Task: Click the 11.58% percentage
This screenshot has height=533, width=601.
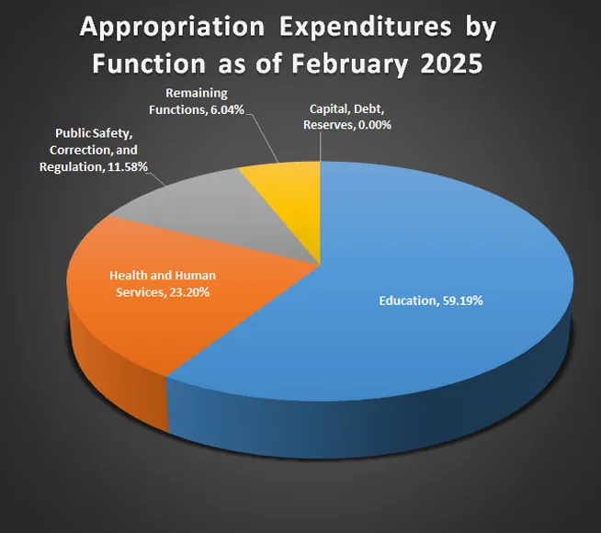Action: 128,167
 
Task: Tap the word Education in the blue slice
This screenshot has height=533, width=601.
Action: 406,301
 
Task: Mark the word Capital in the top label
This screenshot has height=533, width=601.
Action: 328,109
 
